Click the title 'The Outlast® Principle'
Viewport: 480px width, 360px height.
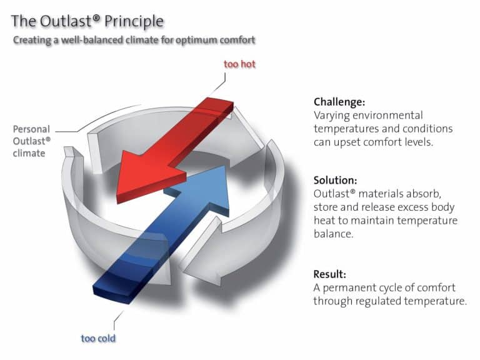tap(87, 21)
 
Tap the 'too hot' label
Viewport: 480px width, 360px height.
tap(239, 64)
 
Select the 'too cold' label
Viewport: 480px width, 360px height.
tap(98, 338)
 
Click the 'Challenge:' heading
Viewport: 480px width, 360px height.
tap(339, 102)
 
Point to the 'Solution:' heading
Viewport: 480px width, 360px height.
tap(335, 180)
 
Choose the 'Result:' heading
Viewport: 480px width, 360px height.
tap(331, 274)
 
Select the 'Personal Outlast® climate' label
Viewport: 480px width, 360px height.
tap(31, 141)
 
